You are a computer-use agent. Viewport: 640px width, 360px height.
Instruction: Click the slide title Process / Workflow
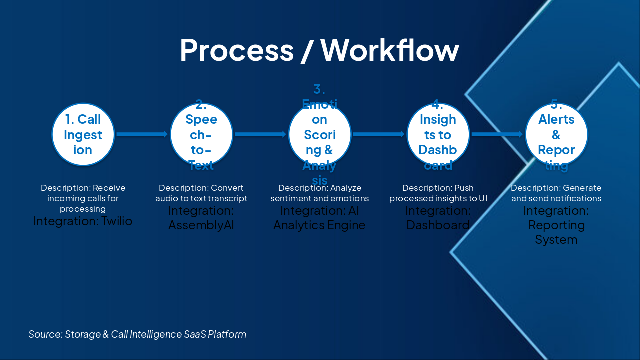click(x=319, y=50)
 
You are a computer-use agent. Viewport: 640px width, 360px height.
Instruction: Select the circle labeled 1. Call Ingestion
click(x=83, y=134)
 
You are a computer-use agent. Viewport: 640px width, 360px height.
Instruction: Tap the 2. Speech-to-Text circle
click(x=201, y=134)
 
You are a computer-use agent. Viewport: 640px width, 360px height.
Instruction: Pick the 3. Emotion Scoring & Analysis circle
click(x=320, y=134)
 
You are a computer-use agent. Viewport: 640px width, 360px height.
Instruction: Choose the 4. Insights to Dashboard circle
click(x=438, y=134)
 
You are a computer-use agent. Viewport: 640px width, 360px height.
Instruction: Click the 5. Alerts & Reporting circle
click(x=556, y=134)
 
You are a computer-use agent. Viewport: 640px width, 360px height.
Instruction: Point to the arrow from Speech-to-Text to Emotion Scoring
click(x=260, y=134)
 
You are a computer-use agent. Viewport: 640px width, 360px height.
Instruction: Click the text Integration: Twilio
click(x=83, y=221)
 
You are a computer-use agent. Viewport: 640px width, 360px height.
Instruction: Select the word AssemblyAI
click(x=201, y=225)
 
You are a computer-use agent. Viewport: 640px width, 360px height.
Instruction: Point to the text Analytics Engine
click(x=319, y=225)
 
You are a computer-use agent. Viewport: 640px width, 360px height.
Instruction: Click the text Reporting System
click(x=556, y=232)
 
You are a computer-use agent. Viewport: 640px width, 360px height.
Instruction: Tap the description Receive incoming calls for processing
click(x=83, y=198)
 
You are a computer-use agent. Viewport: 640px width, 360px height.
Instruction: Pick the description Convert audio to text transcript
click(x=201, y=193)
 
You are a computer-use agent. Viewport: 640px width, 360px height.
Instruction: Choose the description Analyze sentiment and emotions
click(x=320, y=193)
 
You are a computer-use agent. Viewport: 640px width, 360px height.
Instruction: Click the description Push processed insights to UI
click(x=438, y=193)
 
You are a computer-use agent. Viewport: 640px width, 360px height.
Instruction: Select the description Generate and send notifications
click(x=556, y=193)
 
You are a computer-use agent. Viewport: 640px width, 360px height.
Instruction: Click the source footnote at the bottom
click(x=137, y=334)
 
